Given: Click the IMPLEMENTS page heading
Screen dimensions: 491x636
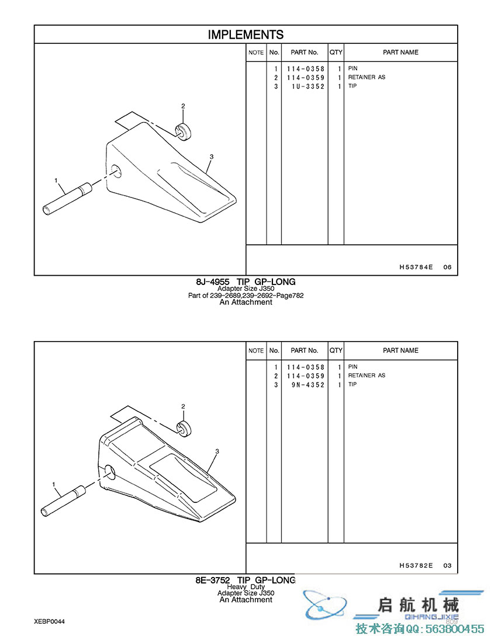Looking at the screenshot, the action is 245,34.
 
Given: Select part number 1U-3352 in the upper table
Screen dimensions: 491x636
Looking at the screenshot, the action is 308,86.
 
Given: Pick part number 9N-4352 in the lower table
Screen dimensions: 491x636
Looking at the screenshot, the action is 308,385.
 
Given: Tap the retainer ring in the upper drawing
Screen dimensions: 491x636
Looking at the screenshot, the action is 184,131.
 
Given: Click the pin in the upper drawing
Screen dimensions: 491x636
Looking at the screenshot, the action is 67,199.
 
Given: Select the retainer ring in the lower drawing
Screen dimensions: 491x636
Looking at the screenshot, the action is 184,429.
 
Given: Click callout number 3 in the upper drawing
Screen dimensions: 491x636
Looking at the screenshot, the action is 212,157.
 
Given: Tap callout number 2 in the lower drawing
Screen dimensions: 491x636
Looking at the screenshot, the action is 183,406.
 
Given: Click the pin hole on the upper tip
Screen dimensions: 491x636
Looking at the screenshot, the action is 116,171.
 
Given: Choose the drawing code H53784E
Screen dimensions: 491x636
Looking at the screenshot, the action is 416,267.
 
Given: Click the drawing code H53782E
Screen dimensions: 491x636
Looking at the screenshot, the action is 416,565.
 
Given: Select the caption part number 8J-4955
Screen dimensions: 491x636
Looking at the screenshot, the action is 213,281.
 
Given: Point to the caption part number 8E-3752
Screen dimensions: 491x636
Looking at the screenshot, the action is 212,581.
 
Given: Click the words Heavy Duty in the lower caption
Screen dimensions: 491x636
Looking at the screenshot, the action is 245,586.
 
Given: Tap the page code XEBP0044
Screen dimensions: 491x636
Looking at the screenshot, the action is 50,621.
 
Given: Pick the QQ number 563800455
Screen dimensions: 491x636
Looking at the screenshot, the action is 454,629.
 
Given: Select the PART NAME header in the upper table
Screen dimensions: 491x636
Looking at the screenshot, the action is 400,53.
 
